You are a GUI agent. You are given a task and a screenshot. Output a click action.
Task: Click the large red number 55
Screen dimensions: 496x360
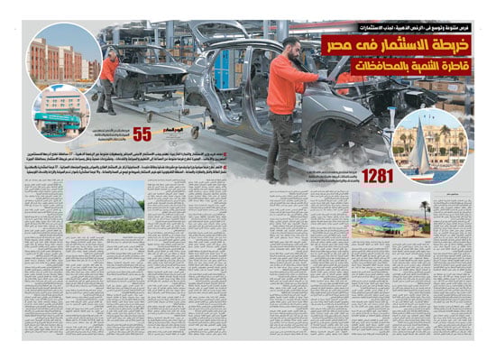142,135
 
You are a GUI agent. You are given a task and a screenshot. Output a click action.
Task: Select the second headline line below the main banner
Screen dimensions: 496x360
410,65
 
